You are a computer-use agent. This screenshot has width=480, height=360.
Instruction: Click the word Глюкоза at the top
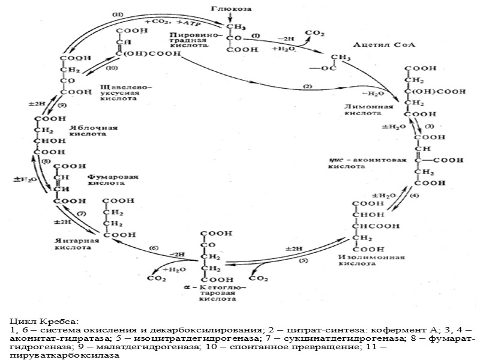pyautogui.click(x=232, y=8)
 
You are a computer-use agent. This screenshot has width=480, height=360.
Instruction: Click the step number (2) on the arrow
pyautogui.click(x=308, y=87)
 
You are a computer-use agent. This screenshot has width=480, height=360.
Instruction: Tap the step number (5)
pyautogui.click(x=303, y=260)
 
